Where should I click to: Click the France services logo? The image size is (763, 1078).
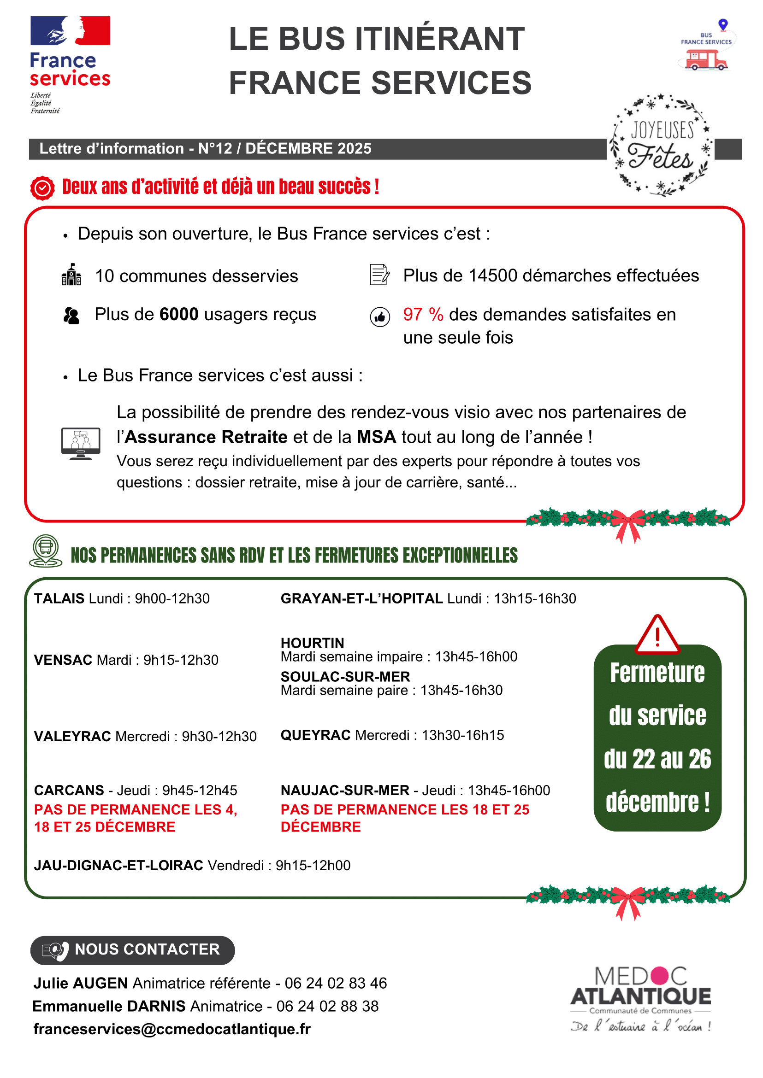tap(70, 64)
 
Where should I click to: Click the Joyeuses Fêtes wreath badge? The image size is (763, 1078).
tap(661, 145)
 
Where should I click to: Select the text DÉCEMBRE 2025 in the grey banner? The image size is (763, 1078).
tap(308, 148)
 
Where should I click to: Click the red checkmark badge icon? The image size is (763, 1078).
tap(42, 188)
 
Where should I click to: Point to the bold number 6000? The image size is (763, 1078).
tap(179, 315)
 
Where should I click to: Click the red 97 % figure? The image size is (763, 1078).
tap(423, 315)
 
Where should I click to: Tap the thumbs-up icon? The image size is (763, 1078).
tap(379, 317)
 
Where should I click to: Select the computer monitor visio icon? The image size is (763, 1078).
tap(81, 443)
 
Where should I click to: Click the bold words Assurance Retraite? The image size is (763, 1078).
tap(206, 437)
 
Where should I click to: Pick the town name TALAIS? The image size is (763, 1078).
tap(59, 598)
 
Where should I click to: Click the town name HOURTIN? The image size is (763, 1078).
tap(313, 643)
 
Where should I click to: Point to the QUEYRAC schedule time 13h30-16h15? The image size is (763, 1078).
tap(463, 735)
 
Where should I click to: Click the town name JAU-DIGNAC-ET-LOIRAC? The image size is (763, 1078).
tap(118, 865)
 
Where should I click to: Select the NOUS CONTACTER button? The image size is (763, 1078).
tap(132, 949)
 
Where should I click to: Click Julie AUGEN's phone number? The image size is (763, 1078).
tap(336, 983)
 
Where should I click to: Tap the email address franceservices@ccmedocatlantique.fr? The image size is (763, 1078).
tap(172, 1029)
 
